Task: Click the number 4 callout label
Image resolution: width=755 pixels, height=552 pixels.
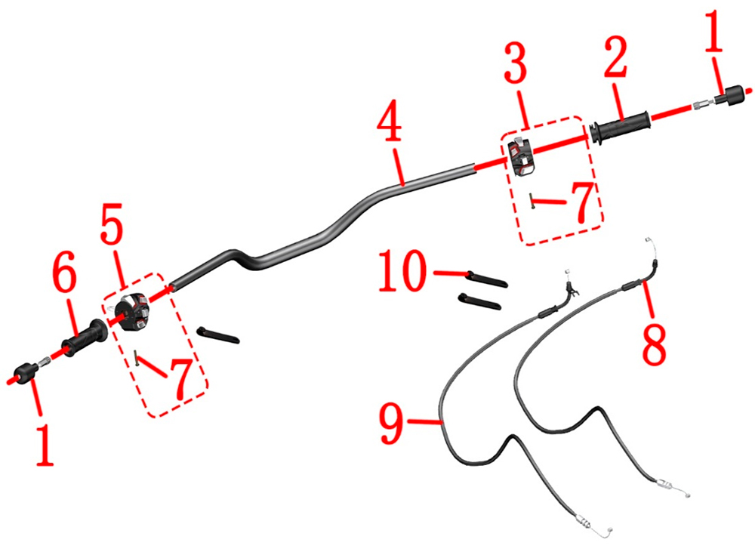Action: pyautogui.click(x=390, y=120)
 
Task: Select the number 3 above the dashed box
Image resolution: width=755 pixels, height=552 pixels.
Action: pyautogui.click(x=516, y=62)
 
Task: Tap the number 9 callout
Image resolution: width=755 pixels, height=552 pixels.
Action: pyautogui.click(x=391, y=424)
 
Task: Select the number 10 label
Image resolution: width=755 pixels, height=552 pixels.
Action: pyautogui.click(x=402, y=271)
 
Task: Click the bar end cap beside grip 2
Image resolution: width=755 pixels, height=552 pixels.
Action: pyautogui.click(x=732, y=95)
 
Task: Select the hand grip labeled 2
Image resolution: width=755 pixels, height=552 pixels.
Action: pyautogui.click(x=620, y=127)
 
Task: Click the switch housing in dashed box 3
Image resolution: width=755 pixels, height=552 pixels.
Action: pyautogui.click(x=521, y=156)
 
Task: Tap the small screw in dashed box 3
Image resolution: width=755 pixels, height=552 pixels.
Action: pyautogui.click(x=531, y=200)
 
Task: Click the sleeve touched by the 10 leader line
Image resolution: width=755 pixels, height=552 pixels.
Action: pyautogui.click(x=487, y=279)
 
